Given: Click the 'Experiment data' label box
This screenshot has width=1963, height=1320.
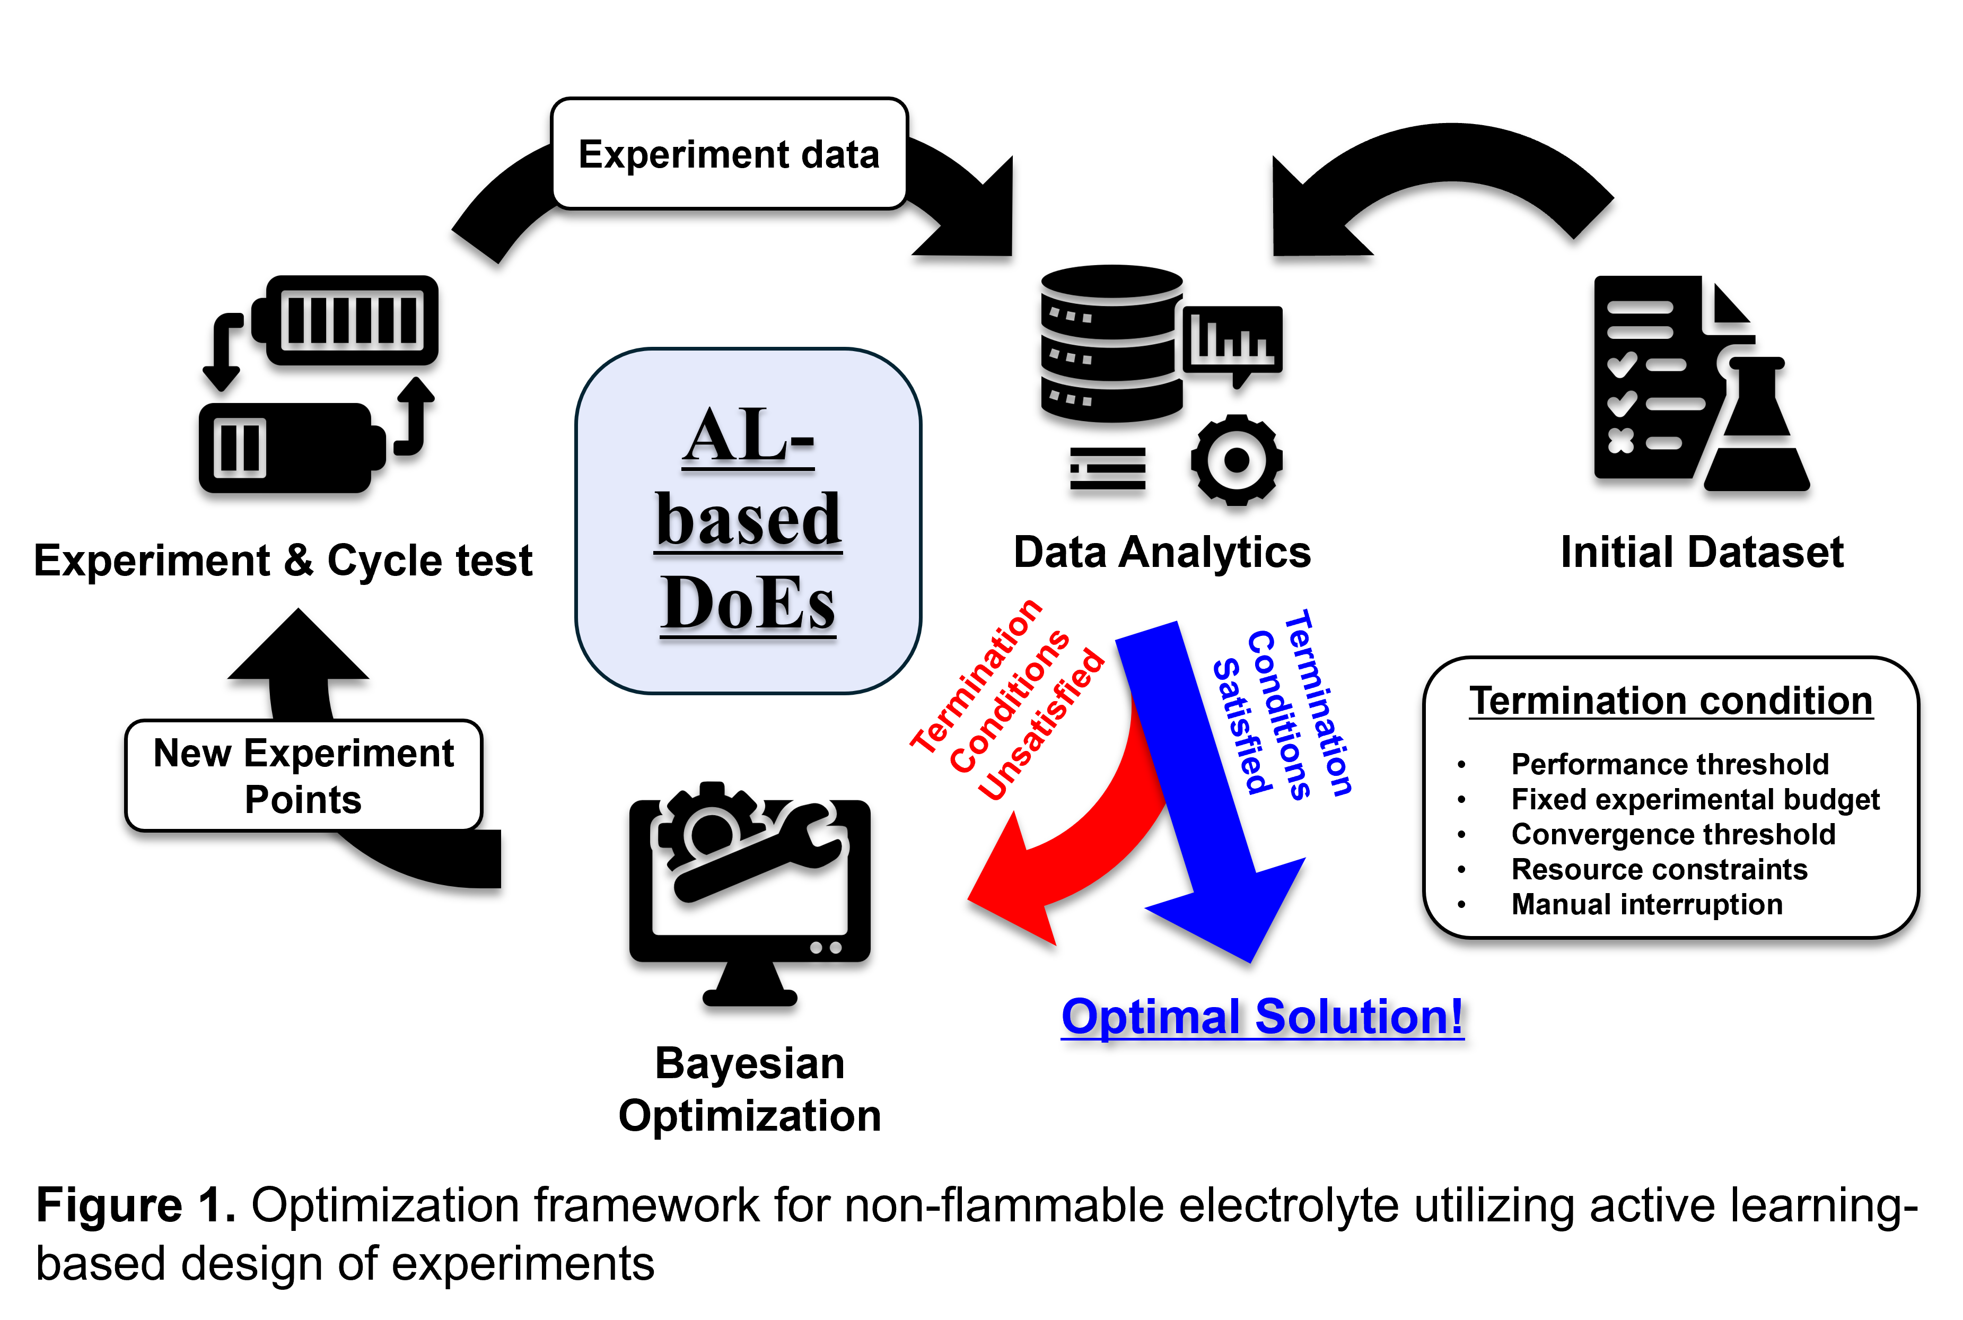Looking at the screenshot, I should click(729, 154).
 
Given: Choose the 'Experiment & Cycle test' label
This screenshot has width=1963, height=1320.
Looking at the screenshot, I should click(283, 561).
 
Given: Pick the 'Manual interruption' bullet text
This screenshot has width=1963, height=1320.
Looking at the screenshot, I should click(1646, 904).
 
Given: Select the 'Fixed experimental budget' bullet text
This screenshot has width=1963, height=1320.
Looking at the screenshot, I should click(1695, 799).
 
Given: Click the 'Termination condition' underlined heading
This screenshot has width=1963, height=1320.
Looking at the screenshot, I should click(1671, 701).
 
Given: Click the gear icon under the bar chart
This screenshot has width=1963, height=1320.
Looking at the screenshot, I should click(1235, 460).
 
